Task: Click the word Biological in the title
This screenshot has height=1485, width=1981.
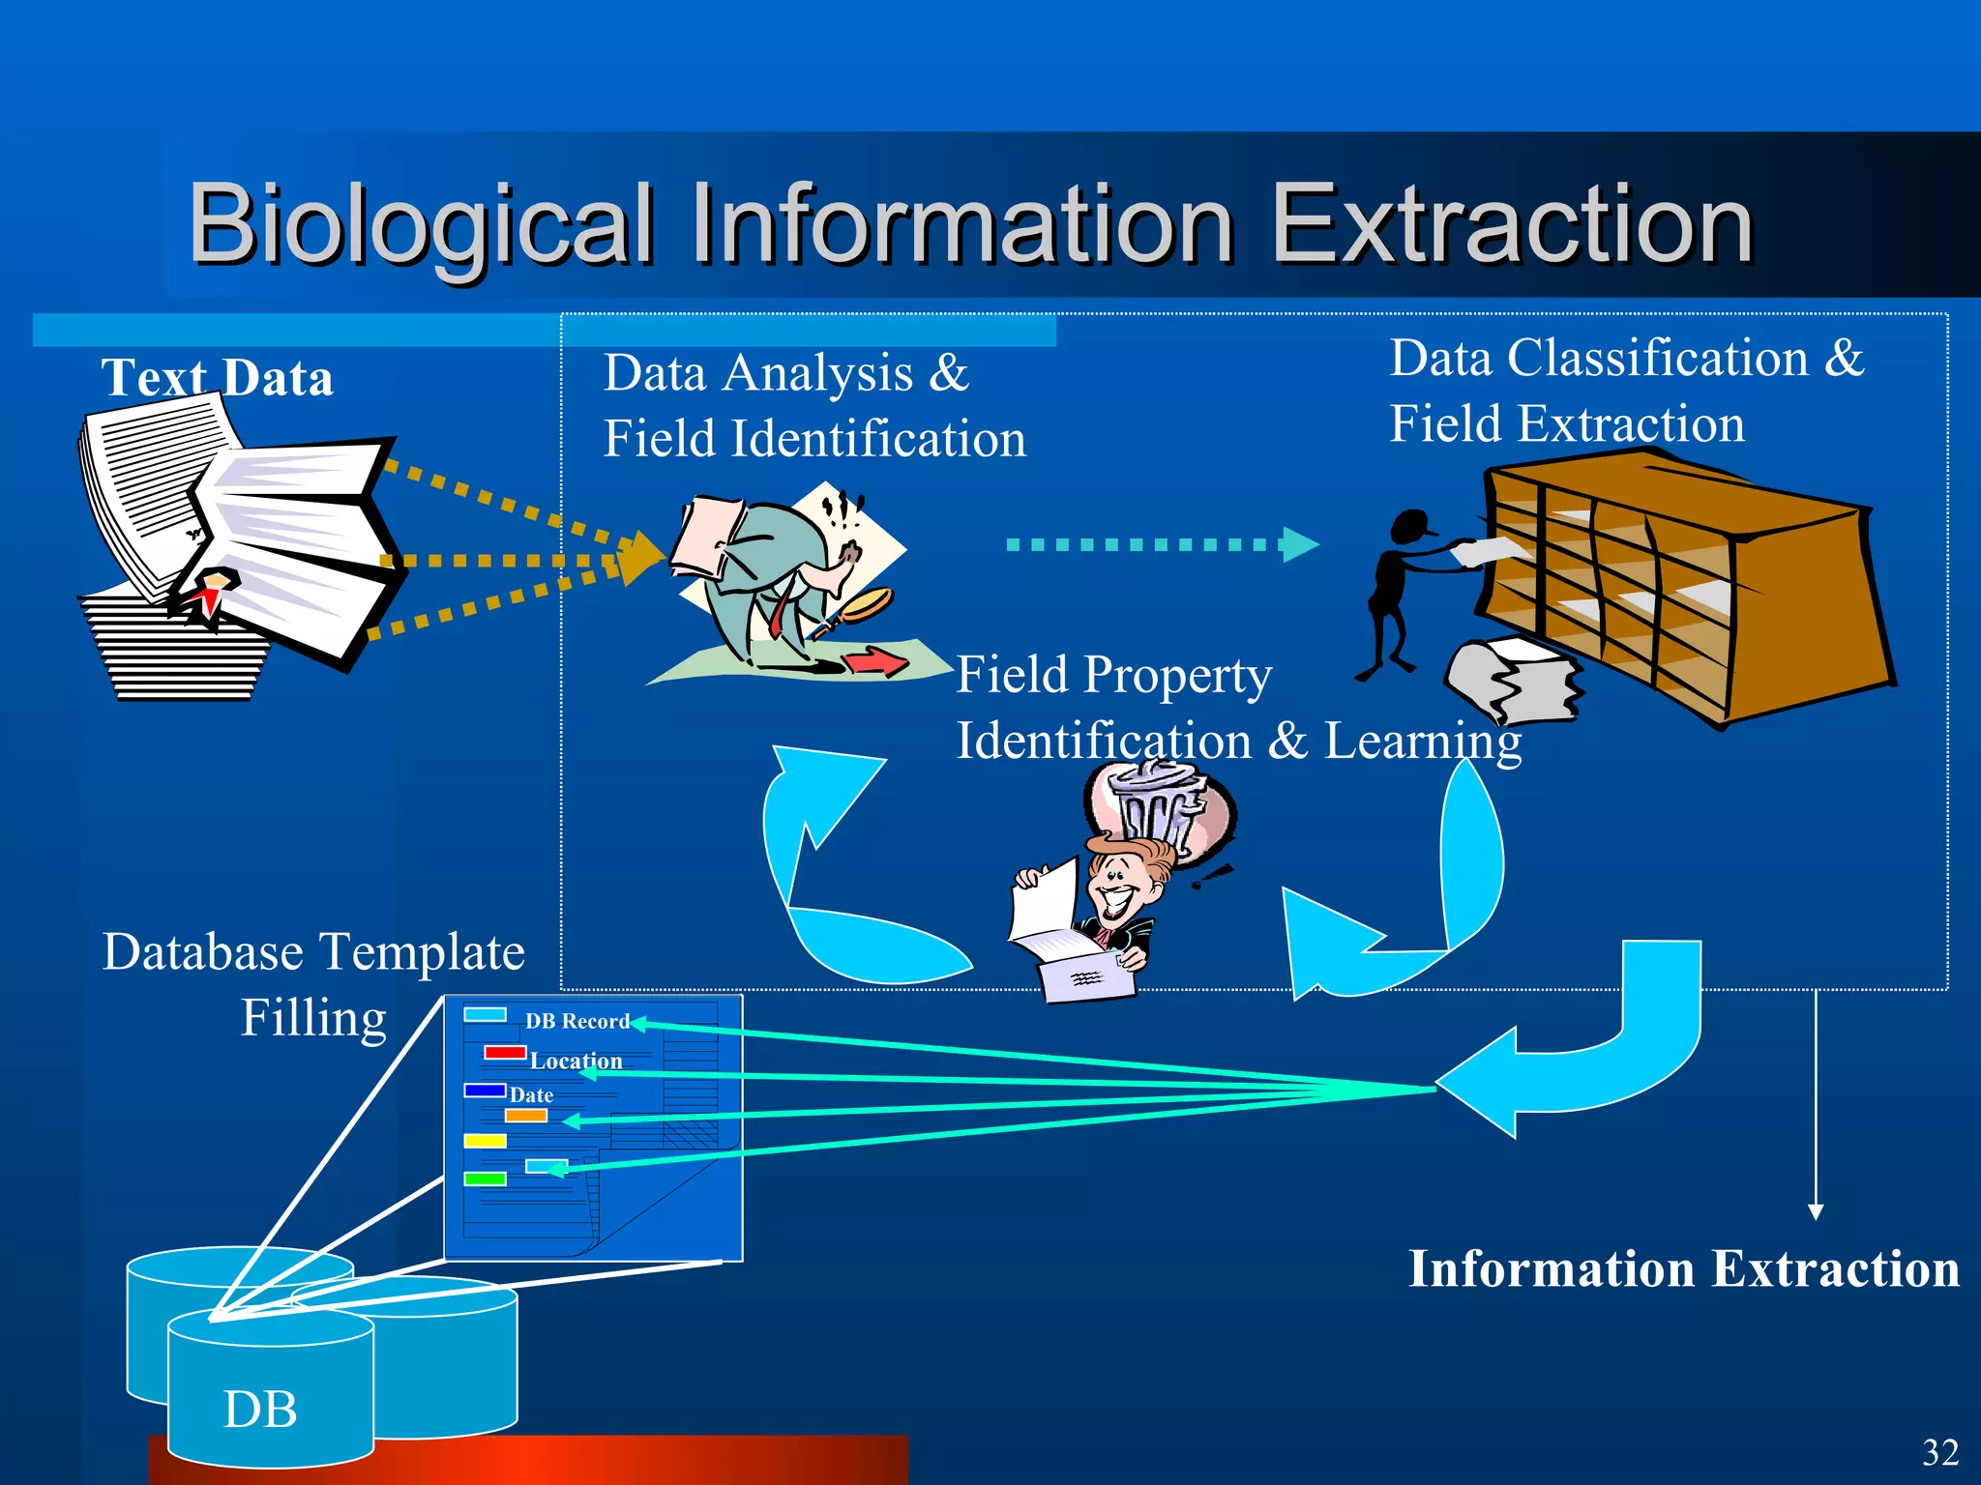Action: pos(421,224)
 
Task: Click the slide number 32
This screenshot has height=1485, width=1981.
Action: pos(1939,1453)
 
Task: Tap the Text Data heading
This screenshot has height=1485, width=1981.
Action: pos(218,377)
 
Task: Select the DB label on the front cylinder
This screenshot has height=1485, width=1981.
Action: pos(260,1409)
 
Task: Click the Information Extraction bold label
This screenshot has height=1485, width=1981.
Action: pos(1683,1268)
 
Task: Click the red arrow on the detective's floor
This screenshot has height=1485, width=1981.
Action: pos(875,662)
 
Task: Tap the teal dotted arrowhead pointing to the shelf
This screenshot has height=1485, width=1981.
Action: pos(1300,544)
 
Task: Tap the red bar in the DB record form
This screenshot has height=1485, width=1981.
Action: pos(504,1052)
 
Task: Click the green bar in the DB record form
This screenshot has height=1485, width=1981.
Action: pos(485,1179)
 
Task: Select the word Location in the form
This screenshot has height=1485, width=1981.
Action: pos(576,1061)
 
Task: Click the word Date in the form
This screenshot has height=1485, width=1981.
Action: pos(531,1095)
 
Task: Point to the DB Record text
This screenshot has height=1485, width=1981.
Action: pos(577,1021)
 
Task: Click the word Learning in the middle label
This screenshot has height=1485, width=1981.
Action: pos(1422,742)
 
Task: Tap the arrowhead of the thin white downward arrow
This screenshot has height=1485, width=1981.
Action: pos(1816,1212)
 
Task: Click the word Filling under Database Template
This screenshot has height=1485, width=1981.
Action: pos(313,1018)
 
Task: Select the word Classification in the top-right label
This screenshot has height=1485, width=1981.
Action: pos(1657,359)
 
